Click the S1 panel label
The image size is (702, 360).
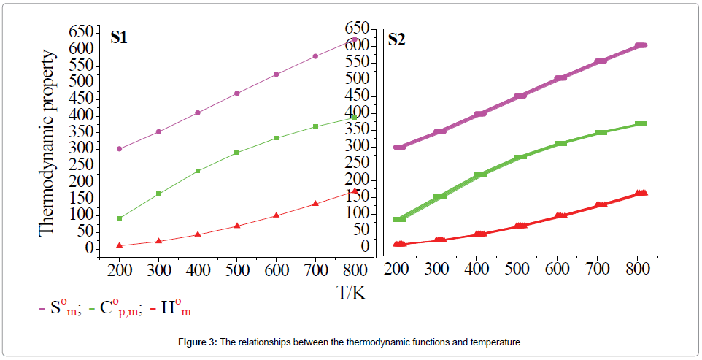pos(119,38)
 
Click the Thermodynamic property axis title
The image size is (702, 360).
pos(47,142)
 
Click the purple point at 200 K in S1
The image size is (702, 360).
pos(119,149)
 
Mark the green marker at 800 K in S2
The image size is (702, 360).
pos(641,124)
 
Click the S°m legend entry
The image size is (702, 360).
pos(61,310)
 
